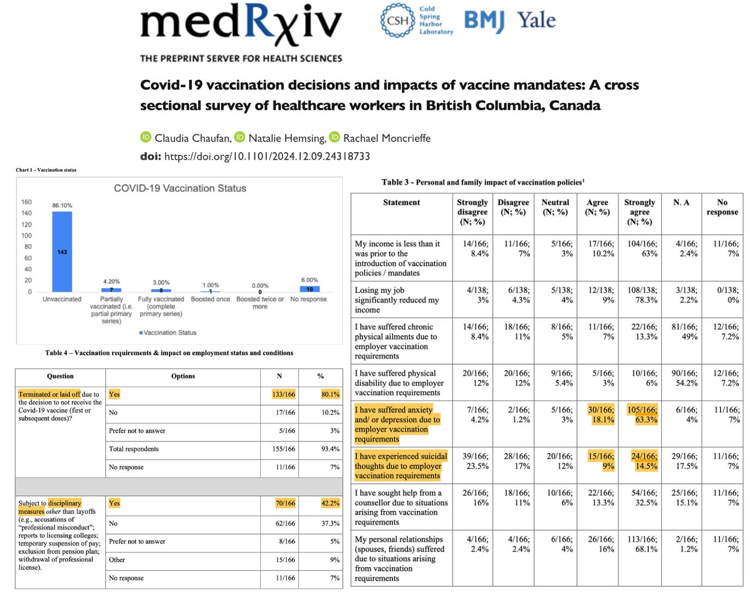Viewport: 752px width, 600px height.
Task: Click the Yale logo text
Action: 536,21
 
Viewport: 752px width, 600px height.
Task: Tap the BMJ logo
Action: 484,21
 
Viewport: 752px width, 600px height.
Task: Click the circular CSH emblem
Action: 397,21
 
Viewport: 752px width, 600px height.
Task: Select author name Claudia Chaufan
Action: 193,138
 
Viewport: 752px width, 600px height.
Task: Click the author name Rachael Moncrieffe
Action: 386,138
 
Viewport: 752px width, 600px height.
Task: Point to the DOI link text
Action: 267,157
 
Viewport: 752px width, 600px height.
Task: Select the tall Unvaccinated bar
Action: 62,252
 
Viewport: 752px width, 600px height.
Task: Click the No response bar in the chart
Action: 309,289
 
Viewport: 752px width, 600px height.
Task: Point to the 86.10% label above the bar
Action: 62,205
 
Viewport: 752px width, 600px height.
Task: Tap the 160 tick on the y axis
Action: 26,202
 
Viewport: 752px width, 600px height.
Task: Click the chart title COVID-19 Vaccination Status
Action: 180,188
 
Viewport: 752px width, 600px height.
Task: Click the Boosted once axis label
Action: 210,299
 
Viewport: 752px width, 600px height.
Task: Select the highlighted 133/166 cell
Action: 284,395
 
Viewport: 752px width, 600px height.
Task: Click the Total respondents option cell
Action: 134,449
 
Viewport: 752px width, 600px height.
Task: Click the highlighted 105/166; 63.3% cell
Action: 643,415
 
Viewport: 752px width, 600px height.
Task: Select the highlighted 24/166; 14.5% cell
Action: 644,461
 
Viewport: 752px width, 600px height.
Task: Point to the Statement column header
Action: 401,203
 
